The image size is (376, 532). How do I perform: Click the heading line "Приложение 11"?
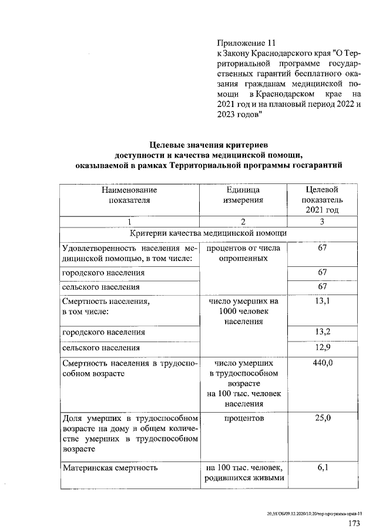click(x=246, y=43)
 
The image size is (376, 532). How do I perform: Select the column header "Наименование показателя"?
click(x=130, y=195)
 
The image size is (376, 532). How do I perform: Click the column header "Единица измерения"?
click(x=243, y=195)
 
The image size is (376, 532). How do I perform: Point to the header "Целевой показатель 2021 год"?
click(x=321, y=200)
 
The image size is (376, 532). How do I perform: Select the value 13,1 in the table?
click(x=321, y=301)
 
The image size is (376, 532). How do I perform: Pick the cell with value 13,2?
click(x=321, y=332)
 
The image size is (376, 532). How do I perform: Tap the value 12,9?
click(x=321, y=347)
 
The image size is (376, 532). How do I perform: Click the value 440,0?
click(x=321, y=363)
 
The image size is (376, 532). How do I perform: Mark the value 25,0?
click(x=321, y=419)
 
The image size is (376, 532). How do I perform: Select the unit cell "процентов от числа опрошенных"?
click(x=243, y=253)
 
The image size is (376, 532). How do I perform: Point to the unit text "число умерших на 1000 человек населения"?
click(x=243, y=312)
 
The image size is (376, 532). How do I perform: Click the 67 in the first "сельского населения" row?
click(x=321, y=286)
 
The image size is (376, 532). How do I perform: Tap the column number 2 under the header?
click(x=243, y=222)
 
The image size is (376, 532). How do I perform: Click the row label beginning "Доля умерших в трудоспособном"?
click(x=130, y=433)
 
